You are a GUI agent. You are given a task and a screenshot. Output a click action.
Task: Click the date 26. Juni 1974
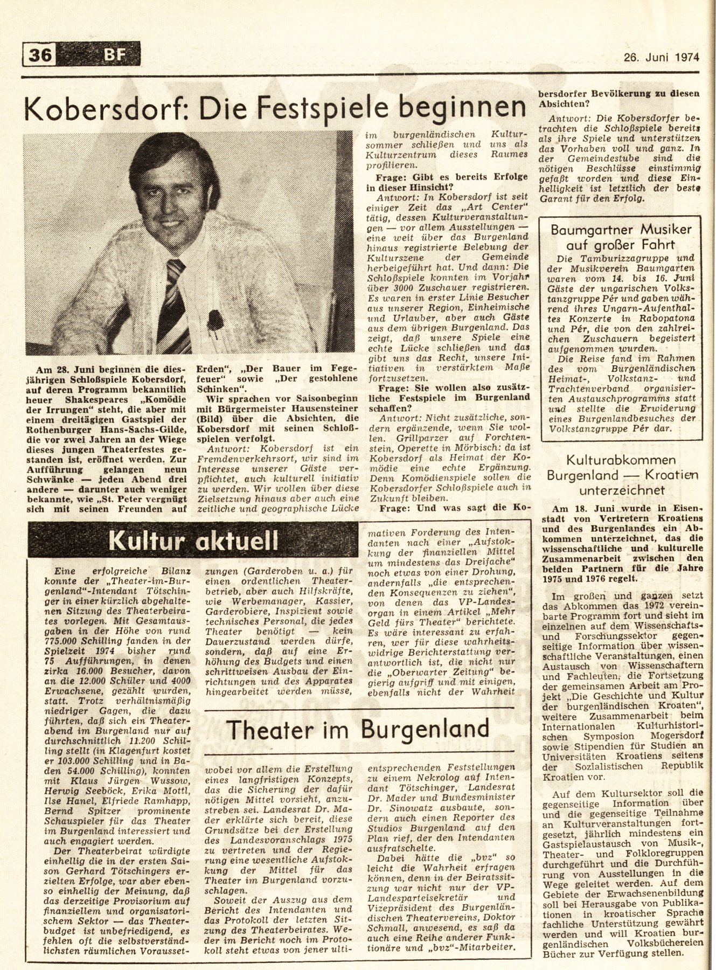coord(661,56)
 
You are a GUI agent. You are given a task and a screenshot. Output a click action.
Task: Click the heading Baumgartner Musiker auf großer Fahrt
coord(621,237)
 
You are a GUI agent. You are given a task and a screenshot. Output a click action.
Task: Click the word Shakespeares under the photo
coord(97,400)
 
